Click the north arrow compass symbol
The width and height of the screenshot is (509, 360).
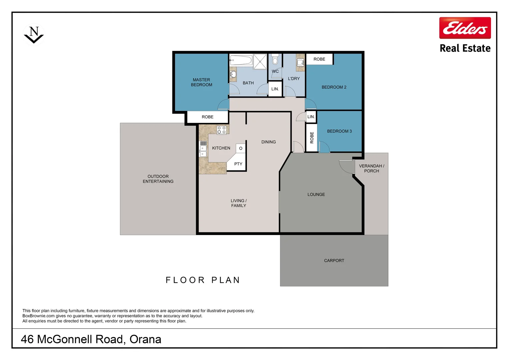coord(34,35)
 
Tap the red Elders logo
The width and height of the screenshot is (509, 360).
coord(465,28)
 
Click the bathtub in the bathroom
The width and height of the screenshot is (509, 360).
coord(241,60)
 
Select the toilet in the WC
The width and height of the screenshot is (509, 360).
coord(275,59)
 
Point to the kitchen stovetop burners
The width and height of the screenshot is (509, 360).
coord(222,130)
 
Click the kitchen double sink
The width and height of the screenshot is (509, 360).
coord(203,149)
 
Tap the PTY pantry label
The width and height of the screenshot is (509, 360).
coord(238,164)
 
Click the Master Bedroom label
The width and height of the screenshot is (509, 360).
coord(201,82)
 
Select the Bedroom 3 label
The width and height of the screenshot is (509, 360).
coord(339,131)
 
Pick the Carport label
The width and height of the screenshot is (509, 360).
coord(334,261)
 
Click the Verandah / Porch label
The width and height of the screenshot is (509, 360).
coord(371,169)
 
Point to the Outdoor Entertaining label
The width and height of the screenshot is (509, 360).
coord(158,179)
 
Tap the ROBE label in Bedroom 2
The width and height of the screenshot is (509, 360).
coord(319,59)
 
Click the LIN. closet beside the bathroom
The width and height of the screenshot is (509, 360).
coord(275,89)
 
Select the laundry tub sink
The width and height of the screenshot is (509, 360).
coord(300,62)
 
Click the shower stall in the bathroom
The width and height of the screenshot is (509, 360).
coord(260,61)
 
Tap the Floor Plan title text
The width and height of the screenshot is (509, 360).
coord(203,280)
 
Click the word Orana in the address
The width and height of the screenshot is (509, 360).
coord(146,340)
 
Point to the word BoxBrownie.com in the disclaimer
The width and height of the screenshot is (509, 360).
coord(38,316)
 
